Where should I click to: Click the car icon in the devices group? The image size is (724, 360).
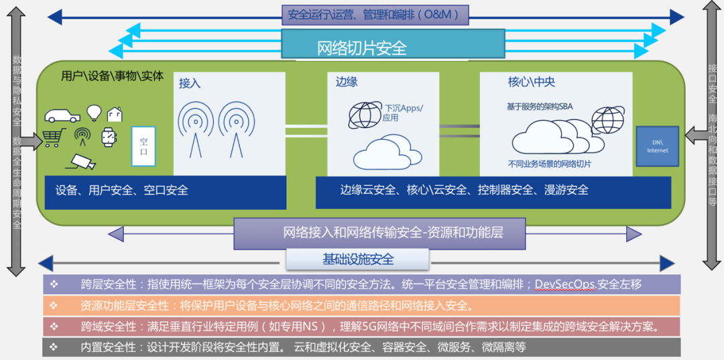62,115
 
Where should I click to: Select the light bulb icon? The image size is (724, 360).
95,112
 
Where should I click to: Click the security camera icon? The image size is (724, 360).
82,161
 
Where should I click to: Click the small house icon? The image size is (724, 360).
115,114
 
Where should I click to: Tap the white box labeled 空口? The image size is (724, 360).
143,145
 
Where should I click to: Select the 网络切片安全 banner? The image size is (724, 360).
393,48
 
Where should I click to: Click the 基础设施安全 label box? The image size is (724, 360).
357,259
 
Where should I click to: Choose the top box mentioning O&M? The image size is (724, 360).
374,14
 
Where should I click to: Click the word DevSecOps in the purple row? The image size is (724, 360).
564,284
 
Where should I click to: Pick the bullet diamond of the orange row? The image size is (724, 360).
54,306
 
